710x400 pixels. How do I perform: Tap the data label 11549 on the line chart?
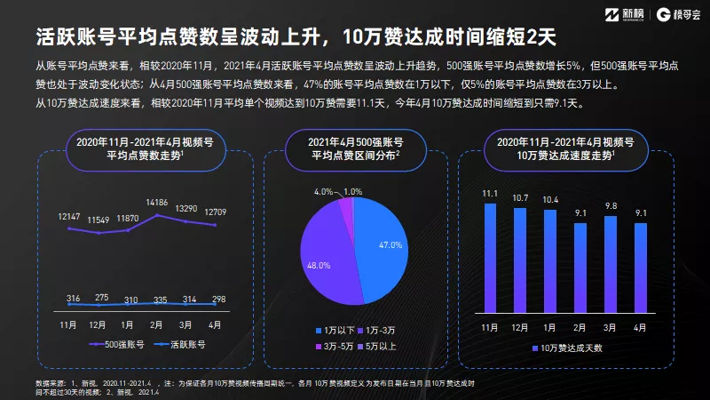[99, 219]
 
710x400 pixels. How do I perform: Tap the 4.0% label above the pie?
[325, 191]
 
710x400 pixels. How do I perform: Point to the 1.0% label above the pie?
[354, 191]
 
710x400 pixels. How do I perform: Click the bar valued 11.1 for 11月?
[489, 258]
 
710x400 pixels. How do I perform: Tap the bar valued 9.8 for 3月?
[610, 264]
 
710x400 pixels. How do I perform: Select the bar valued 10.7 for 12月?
[519, 260]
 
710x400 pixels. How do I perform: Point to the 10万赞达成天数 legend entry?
[572, 347]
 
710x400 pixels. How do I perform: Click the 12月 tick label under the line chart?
[99, 325]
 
